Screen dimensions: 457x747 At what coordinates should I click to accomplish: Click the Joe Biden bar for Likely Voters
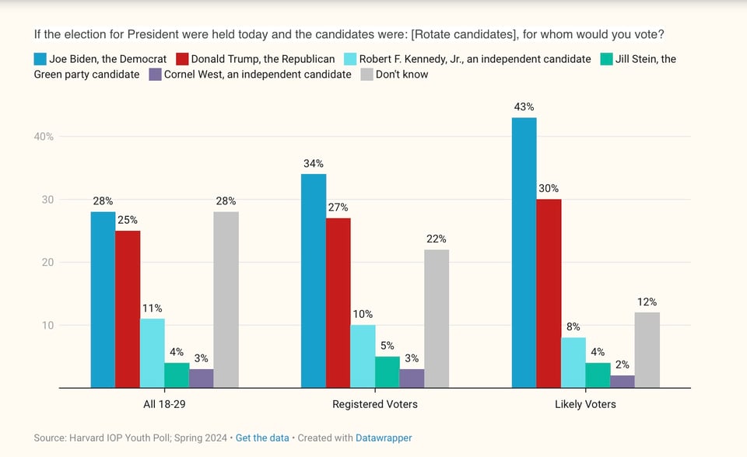(524, 253)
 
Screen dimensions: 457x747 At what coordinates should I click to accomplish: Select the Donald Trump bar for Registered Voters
(338, 302)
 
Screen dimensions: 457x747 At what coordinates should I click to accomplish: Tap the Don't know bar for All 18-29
(226, 299)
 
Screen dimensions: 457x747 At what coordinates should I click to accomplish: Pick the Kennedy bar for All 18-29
(152, 353)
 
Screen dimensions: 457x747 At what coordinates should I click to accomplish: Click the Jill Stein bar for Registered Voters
(387, 372)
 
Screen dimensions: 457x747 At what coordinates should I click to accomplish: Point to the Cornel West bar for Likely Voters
(622, 381)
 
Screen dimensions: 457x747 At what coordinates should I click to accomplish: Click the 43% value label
(524, 107)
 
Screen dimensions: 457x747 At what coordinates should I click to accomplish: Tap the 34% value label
(314, 164)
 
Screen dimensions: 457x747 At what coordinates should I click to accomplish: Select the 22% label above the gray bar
(437, 239)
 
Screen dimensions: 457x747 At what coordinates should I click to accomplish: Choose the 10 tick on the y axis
(47, 326)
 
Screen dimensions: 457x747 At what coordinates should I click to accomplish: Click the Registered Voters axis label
(374, 404)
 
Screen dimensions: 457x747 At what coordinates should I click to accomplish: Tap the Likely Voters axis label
(585, 404)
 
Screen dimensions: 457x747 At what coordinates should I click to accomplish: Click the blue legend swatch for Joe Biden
(40, 58)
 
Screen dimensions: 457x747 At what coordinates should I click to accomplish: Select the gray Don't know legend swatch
(366, 75)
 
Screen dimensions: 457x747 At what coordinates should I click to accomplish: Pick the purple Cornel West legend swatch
(155, 75)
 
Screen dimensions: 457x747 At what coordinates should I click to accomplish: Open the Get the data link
(261, 438)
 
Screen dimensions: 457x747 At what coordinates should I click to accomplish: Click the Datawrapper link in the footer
(384, 438)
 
